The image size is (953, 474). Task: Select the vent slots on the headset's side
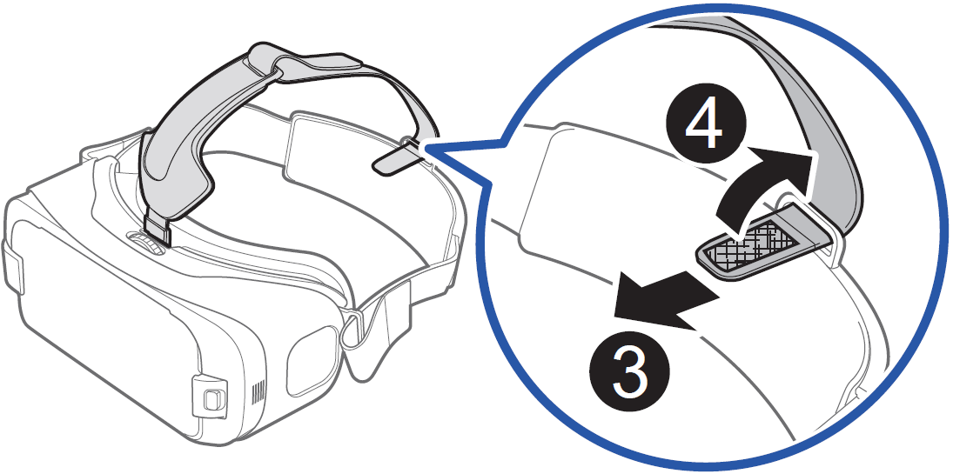click(x=256, y=395)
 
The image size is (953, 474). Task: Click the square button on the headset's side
click(x=211, y=399)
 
